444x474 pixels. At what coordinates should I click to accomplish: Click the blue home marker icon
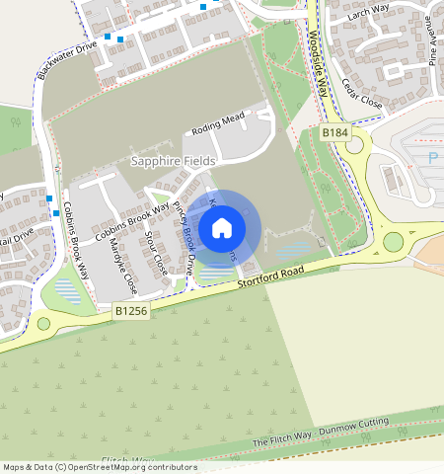click(x=222, y=228)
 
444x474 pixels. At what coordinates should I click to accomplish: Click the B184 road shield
click(x=335, y=131)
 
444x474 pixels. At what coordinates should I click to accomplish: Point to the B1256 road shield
click(x=130, y=311)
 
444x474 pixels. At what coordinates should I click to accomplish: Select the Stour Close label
click(x=155, y=254)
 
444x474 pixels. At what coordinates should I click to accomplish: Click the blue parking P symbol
click(x=432, y=158)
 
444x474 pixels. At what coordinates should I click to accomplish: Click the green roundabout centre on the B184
click(x=394, y=241)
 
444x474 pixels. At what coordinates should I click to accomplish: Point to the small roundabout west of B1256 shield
click(x=43, y=323)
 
